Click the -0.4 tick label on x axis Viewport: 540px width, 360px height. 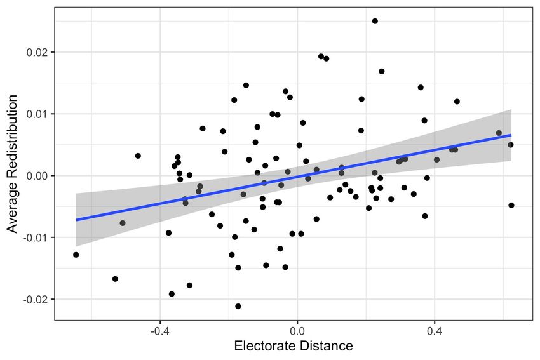159,331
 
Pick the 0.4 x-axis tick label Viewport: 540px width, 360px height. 435,331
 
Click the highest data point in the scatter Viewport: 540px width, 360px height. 375,21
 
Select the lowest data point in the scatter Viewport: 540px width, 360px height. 238,306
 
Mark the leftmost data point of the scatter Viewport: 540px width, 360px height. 76,255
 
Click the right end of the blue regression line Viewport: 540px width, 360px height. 511,135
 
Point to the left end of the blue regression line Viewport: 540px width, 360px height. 76,220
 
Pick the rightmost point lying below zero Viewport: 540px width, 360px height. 511,205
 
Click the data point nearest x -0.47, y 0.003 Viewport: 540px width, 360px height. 138,156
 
